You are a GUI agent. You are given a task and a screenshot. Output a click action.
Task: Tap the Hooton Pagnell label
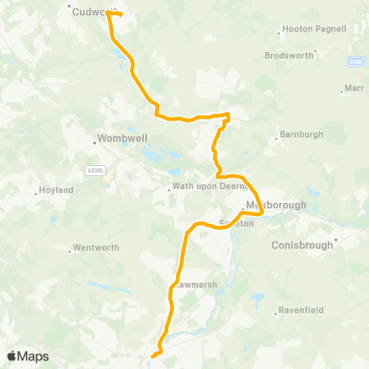[315, 28]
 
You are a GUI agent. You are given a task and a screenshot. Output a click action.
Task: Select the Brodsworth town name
[289, 55]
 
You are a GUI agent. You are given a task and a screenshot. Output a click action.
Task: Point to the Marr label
[354, 88]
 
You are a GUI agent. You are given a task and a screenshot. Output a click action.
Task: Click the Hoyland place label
[57, 190]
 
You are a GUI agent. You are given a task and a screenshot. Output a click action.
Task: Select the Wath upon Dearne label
[203, 188]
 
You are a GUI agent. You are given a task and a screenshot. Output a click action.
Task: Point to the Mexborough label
[275, 205]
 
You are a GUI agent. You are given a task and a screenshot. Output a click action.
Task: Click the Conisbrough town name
[303, 246]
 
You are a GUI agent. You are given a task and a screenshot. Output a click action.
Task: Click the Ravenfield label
[301, 310]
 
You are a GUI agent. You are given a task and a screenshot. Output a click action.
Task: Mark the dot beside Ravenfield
[276, 313]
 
